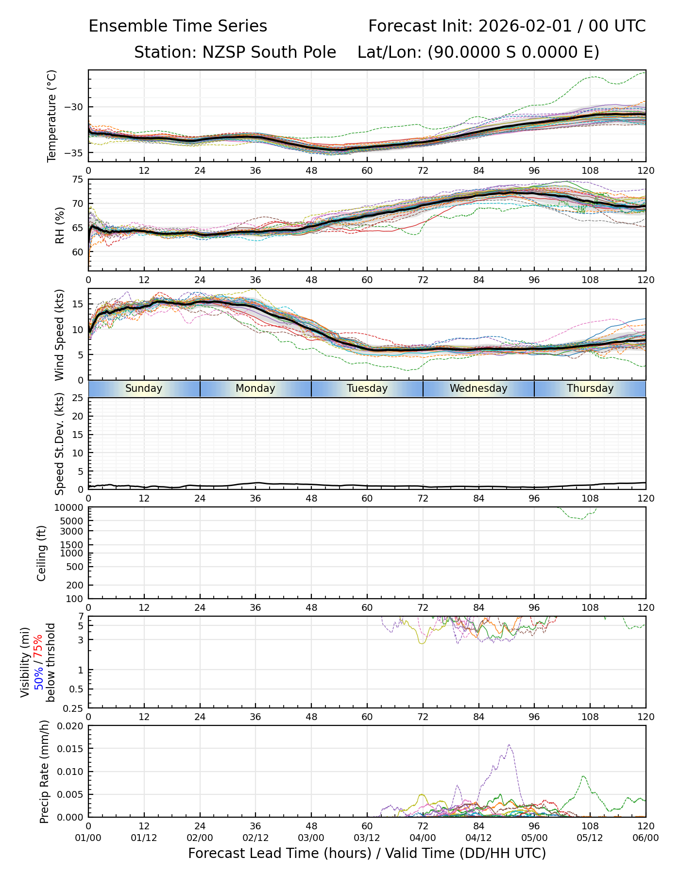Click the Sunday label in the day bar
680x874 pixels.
144,388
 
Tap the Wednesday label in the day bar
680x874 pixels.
478,388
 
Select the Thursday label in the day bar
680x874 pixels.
590,388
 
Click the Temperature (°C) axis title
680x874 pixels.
52,116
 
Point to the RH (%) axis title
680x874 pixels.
60,225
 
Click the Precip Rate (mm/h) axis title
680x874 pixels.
45,772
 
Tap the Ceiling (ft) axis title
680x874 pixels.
42,553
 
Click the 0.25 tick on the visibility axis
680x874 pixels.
74,708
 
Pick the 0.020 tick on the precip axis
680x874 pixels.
69,726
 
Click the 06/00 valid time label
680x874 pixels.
646,838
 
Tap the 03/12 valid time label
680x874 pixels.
367,838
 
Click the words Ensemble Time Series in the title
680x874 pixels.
178,26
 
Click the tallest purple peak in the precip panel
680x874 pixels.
509,745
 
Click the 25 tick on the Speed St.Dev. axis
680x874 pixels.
78,398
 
